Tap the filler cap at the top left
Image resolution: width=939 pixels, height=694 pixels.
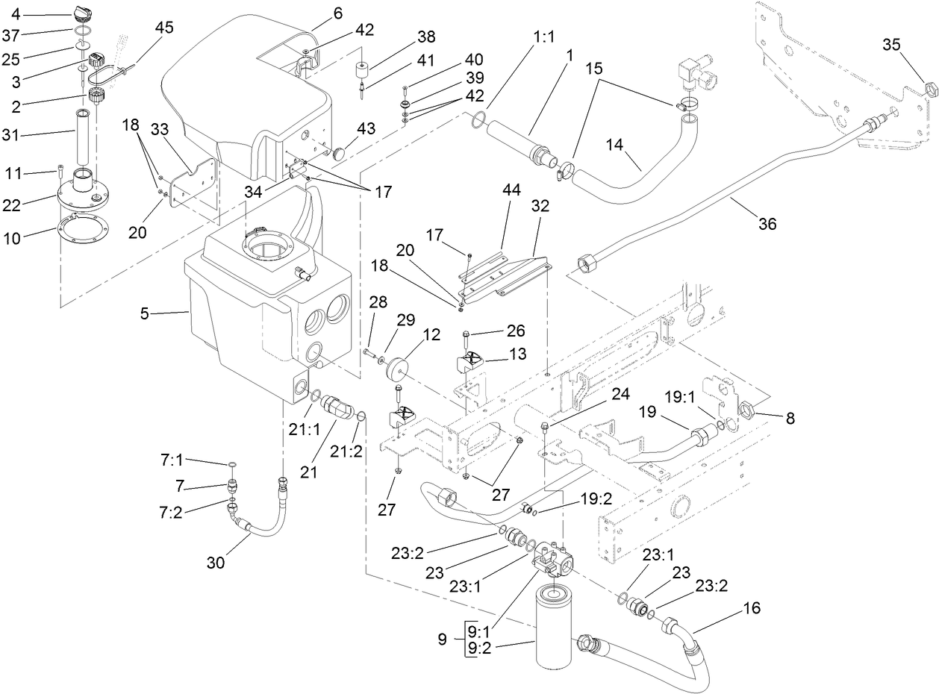tap(84, 13)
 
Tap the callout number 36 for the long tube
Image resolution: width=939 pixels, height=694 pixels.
tap(767, 224)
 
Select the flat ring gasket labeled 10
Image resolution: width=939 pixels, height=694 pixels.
tap(81, 227)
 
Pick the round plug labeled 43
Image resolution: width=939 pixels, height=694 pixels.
tap(340, 153)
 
